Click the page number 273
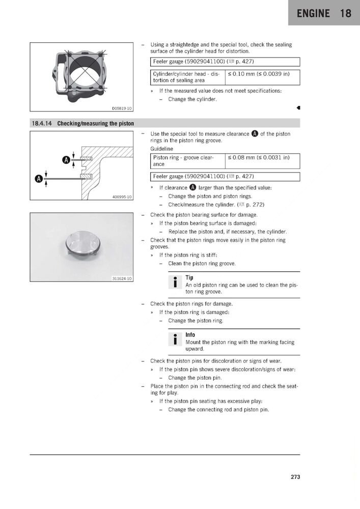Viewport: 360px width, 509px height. (x=295, y=477)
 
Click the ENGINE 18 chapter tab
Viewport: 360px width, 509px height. (x=324, y=13)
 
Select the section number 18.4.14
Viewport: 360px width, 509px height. (x=41, y=123)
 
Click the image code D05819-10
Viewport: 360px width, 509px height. (x=122, y=108)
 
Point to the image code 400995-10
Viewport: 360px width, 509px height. (x=122, y=196)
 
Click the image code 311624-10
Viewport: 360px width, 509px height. (x=122, y=278)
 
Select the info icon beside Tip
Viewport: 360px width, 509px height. (x=175, y=282)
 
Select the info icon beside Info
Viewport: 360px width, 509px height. (x=175, y=339)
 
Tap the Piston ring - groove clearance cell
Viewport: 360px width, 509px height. (x=187, y=161)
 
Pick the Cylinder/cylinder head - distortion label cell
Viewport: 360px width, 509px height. (x=187, y=77)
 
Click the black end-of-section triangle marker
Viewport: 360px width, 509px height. (x=298, y=108)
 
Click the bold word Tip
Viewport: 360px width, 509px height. (x=189, y=277)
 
